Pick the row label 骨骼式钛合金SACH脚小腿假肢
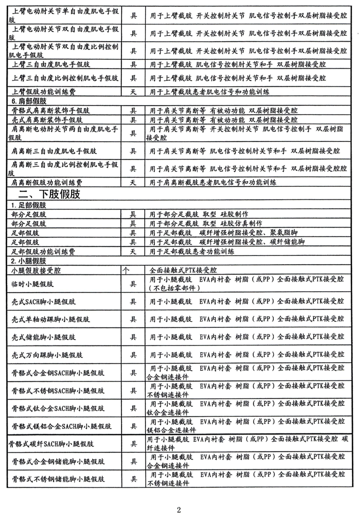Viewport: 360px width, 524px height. coord(58,409)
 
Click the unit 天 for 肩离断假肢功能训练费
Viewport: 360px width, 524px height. coord(132,182)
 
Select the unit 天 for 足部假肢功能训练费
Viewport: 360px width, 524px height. coord(132,252)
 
